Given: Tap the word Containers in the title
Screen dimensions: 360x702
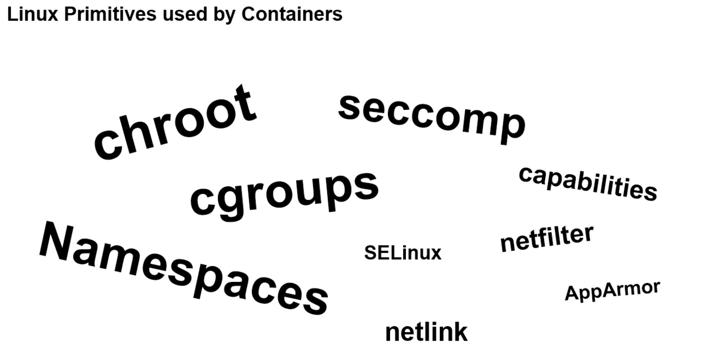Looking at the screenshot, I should (x=292, y=14).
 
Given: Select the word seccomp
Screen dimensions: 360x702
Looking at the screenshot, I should (x=431, y=118).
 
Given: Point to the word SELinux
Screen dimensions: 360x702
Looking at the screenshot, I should (x=403, y=253).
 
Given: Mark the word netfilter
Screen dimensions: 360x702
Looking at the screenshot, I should (x=546, y=238).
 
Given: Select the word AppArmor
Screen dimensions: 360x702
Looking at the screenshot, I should (x=612, y=291).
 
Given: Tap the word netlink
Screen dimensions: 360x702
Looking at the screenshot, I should (x=426, y=332).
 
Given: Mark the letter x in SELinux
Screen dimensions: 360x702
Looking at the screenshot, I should (x=434, y=254).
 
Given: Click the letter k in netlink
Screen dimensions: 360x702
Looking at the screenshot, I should (x=460, y=332).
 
